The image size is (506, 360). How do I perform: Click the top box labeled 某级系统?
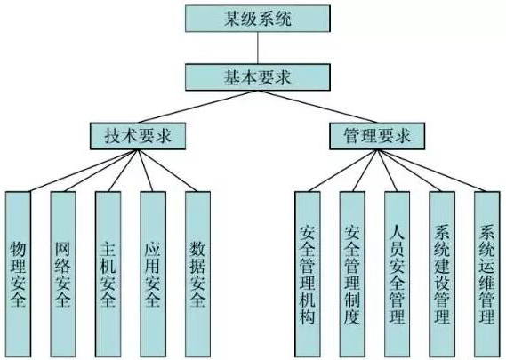[258, 19]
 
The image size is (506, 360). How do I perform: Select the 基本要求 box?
[258, 77]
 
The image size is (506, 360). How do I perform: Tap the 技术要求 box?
[138, 136]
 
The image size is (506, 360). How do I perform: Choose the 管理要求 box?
[377, 136]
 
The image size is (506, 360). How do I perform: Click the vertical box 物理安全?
[18, 274]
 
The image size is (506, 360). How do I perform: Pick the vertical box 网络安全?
[63, 274]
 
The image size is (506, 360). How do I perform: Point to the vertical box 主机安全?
[108, 274]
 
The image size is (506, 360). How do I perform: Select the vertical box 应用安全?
[153, 274]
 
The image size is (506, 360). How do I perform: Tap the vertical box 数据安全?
[197, 274]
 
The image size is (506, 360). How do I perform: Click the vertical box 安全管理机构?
[308, 274]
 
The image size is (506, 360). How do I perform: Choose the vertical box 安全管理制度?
[352, 274]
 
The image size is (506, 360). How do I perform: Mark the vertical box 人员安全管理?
[397, 274]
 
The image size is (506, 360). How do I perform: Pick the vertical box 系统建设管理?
[442, 274]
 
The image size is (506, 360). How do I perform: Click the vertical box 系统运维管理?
[487, 274]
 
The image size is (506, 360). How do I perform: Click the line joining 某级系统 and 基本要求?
[258, 48]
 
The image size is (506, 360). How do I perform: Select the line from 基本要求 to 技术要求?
[197, 107]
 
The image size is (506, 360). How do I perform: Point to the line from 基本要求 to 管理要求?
[317, 107]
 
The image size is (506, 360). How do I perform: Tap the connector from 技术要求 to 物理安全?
[84, 171]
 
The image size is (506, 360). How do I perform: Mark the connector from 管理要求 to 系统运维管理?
[431, 171]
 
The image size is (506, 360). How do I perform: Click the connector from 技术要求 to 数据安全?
[167, 171]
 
